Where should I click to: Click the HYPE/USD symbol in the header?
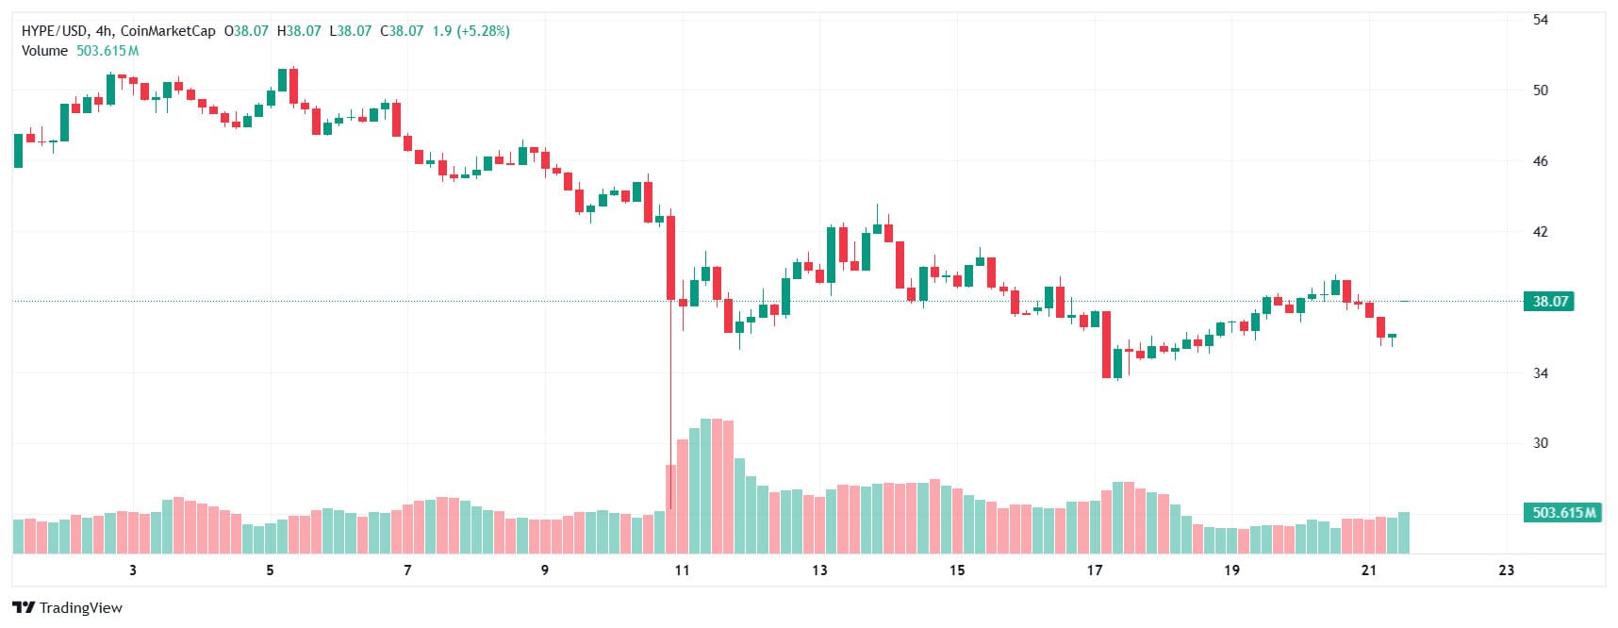point(55,31)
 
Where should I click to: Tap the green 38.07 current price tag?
point(1549,302)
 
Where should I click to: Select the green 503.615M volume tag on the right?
point(1562,513)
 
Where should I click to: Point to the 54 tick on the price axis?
point(1540,20)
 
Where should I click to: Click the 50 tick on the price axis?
point(1540,91)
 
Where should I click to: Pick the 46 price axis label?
point(1540,161)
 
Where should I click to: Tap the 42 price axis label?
point(1540,232)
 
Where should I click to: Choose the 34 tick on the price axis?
point(1540,373)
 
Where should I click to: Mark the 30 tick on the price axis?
point(1540,443)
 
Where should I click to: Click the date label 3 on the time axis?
point(133,570)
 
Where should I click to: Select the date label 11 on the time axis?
point(682,570)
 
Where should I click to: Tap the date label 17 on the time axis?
point(1094,570)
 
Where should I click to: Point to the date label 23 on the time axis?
point(1506,570)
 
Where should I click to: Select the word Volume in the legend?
point(44,51)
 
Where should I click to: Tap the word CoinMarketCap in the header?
point(168,31)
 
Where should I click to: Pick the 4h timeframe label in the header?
point(104,31)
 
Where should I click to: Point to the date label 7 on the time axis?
point(407,570)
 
